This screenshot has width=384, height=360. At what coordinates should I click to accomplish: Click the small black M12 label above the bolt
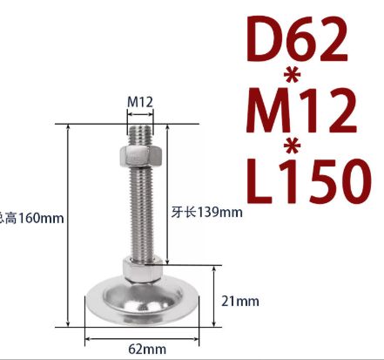click(140, 102)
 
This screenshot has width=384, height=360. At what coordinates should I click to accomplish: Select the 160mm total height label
click(32, 217)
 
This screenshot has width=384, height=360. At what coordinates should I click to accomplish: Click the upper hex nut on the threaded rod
click(140, 158)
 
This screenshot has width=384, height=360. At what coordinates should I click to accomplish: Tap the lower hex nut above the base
click(140, 269)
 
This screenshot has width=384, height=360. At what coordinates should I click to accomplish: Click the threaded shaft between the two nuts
click(140, 214)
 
